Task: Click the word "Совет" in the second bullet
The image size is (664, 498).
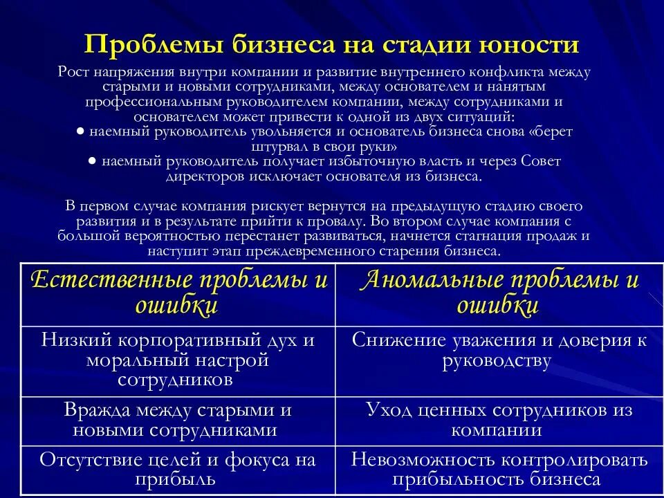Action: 542,162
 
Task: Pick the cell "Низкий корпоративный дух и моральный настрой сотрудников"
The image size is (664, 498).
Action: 178,360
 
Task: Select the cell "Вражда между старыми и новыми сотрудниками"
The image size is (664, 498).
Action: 178,420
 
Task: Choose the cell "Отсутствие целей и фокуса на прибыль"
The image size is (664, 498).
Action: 178,469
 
